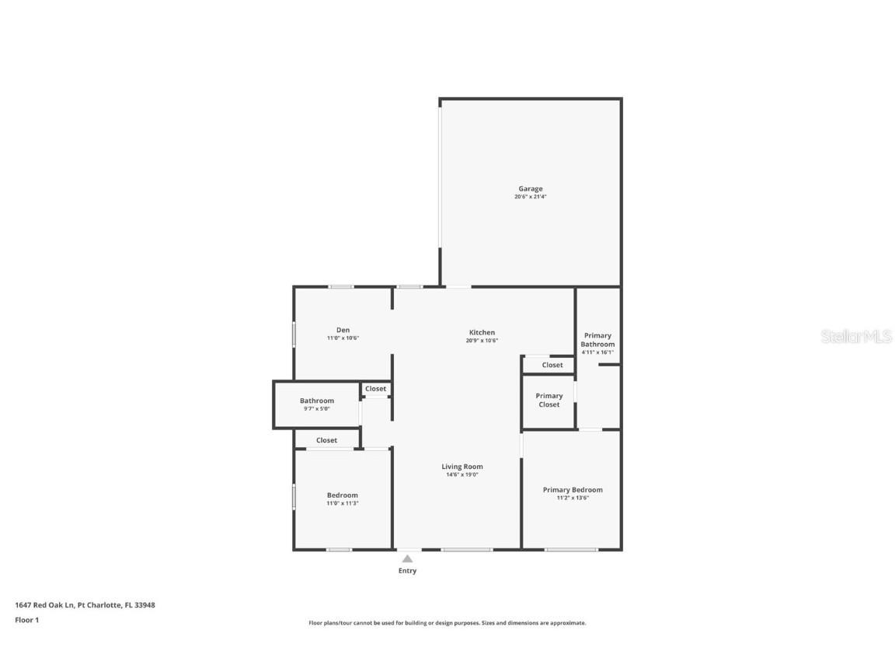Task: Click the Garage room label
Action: (531, 188)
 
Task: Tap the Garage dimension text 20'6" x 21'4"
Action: (531, 197)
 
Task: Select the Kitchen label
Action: (482, 332)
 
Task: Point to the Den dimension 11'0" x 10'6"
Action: (343, 338)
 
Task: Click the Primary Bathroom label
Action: (597, 340)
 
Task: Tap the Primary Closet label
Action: (548, 400)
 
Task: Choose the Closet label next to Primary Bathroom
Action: (552, 365)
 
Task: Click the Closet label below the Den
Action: (375, 388)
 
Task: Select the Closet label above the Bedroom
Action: (326, 440)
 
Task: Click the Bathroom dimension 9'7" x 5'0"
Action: (317, 409)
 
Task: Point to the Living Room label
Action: (462, 467)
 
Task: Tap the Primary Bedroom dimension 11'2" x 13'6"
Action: (573, 498)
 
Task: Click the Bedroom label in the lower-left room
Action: (342, 495)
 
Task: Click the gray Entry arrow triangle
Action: (407, 558)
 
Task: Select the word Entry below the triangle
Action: (407, 571)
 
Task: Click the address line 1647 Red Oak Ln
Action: (85, 604)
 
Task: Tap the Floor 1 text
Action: (26, 620)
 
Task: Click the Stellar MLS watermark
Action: (857, 336)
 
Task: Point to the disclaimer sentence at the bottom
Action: (447, 623)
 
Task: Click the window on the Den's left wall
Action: (294, 334)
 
